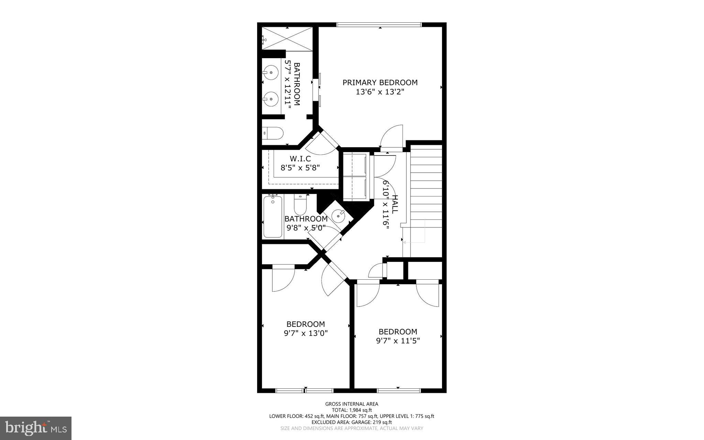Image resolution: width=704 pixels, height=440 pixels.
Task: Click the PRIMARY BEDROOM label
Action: (x=380, y=83)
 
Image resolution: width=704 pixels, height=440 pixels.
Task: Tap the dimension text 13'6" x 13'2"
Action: (x=380, y=92)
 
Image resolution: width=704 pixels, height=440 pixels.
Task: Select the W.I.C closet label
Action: (x=300, y=159)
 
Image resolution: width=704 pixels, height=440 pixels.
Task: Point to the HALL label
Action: (x=395, y=204)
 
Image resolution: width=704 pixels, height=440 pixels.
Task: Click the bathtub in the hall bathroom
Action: (x=273, y=216)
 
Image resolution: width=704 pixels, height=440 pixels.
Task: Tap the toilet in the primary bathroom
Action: (x=273, y=132)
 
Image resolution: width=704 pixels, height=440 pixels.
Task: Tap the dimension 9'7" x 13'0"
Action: (x=306, y=333)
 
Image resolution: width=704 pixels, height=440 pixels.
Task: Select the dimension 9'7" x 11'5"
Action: (x=398, y=341)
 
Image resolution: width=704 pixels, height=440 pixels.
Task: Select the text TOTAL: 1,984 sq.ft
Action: (x=352, y=410)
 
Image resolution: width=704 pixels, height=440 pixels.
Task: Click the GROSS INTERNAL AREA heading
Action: (x=352, y=404)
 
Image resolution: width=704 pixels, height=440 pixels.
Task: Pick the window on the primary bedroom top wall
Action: (x=379, y=24)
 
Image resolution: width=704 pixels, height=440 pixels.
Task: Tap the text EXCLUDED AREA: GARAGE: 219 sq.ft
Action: (x=352, y=422)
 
